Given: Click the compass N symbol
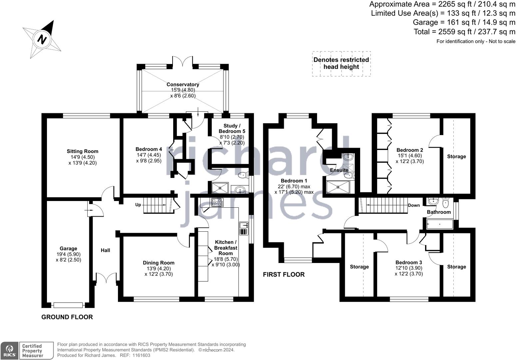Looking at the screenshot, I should point(42,39).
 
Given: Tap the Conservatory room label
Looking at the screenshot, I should point(183,84).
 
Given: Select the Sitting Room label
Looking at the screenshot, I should point(82,151).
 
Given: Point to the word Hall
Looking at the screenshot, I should point(105,250).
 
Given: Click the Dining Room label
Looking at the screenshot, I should point(159,263).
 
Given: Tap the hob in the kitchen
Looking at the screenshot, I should point(217,202).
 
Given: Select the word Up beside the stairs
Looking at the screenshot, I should point(138,205).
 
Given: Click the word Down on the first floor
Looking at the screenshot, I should point(414,205).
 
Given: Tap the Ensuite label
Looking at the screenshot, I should point(339,170).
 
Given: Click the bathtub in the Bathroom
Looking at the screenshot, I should point(440,224).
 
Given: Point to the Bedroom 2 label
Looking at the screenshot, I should point(410,150).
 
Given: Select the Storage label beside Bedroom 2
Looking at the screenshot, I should point(456,156).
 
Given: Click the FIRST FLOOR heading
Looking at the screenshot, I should point(283,274).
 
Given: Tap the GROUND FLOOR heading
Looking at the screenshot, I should point(67,317).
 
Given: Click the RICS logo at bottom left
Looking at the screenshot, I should point(9,351).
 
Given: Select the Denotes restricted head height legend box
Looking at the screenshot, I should point(341,63).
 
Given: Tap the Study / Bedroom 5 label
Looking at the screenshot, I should point(232,128).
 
